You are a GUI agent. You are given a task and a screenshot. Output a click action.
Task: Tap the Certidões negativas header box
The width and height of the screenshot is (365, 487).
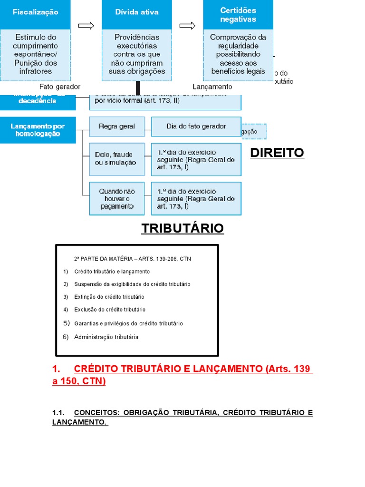click(238, 15)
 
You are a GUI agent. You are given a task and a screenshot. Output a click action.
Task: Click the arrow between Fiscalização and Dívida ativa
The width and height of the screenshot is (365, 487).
click(86, 25)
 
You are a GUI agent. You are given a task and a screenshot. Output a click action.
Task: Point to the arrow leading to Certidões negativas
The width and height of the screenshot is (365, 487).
click(188, 25)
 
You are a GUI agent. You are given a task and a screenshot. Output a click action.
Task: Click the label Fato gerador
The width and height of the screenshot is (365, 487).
click(60, 87)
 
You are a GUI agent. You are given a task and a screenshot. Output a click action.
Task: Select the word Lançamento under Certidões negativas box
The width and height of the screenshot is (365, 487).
click(212, 87)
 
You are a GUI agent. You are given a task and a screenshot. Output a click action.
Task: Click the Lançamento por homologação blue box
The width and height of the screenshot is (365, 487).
click(38, 130)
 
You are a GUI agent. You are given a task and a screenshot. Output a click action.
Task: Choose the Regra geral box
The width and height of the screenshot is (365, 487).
click(117, 127)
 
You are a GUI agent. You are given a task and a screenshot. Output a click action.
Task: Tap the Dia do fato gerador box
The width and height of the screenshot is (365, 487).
click(196, 127)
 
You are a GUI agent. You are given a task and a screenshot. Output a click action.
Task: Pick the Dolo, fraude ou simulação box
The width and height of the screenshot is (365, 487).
click(117, 159)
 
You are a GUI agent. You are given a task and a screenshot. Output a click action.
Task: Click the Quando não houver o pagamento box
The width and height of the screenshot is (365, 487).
click(117, 199)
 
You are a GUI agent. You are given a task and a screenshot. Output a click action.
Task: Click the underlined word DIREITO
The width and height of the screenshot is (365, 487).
click(277, 153)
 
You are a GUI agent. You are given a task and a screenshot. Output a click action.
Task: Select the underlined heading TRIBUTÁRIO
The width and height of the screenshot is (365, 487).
click(182, 229)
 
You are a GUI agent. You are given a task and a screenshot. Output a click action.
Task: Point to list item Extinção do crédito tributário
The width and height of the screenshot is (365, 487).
click(109, 297)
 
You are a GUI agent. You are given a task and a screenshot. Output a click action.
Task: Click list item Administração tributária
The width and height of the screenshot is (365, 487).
click(106, 337)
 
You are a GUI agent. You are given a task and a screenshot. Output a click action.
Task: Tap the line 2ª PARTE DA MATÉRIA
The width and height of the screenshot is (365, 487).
click(133, 259)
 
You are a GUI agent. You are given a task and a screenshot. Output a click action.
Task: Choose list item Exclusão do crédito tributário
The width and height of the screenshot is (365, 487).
click(110, 310)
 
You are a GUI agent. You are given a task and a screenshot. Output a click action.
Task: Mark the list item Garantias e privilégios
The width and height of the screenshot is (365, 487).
click(128, 323)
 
